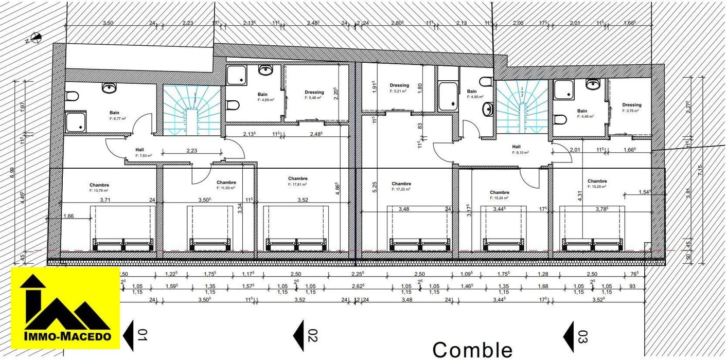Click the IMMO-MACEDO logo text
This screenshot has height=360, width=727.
[x=67, y=336]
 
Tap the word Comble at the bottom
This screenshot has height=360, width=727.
[x=472, y=350]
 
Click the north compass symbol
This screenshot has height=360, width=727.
[x=36, y=37]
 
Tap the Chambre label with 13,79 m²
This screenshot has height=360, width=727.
[x=99, y=185]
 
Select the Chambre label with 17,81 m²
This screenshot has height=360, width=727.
[x=298, y=179]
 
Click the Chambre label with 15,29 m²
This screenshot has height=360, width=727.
[x=597, y=181]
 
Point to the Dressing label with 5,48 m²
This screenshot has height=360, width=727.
[x=314, y=93]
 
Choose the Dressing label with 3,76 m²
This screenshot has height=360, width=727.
[x=631, y=105]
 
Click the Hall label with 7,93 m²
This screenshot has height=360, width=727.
[x=139, y=150]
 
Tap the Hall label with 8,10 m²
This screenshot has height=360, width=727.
[x=516, y=147]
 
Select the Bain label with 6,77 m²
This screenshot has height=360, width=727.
[x=114, y=113]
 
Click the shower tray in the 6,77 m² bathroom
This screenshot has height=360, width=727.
[x=76, y=121]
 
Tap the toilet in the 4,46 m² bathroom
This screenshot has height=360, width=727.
[x=560, y=119]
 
